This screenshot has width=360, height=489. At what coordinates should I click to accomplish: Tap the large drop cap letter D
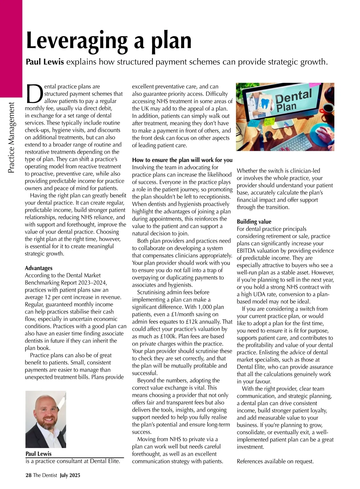(x=34, y=93)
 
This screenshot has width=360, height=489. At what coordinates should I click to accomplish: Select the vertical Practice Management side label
(x=11, y=138)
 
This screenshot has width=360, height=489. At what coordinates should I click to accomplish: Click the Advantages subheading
(x=38, y=268)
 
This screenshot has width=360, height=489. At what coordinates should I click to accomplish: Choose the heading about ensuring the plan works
(x=182, y=160)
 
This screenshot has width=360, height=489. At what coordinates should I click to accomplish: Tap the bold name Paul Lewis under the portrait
(x=38, y=454)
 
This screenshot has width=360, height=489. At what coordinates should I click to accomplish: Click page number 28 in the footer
(x=28, y=475)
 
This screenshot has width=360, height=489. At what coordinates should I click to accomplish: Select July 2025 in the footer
(x=70, y=475)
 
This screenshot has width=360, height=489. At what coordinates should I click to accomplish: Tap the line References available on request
(x=275, y=461)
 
